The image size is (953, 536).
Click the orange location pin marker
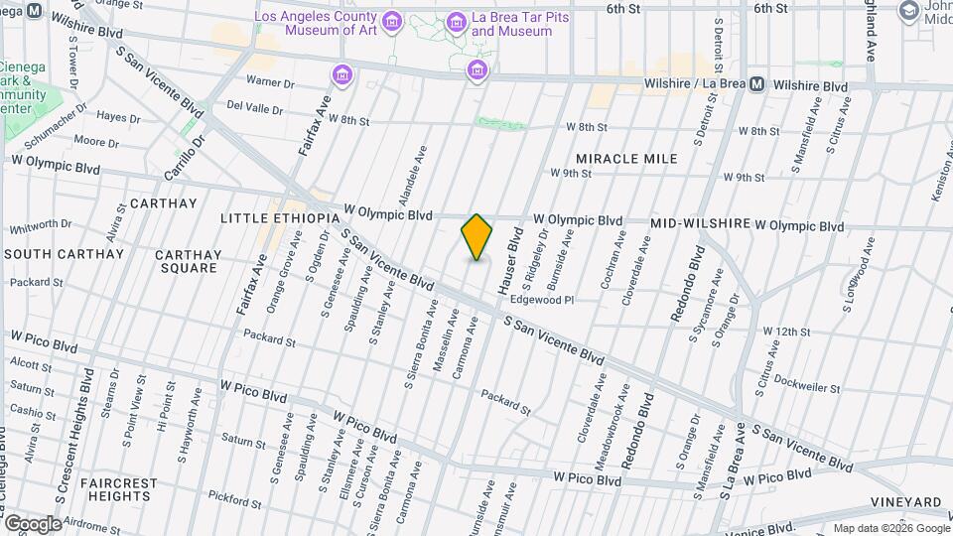[x=477, y=237]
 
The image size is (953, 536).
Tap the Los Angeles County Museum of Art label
[x=316, y=24]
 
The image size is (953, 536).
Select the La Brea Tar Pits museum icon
[x=456, y=22]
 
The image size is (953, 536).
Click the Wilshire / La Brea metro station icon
[x=757, y=86]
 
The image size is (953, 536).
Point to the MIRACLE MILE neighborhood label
[x=626, y=159]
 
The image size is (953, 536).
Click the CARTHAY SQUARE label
[x=188, y=261]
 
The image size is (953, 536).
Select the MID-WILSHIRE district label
[x=700, y=224]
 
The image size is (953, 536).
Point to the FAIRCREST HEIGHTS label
[x=119, y=489]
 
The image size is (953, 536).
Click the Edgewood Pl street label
[x=542, y=300]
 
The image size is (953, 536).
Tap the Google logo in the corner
[x=33, y=523]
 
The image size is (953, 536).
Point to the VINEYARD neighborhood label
[x=905, y=502]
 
